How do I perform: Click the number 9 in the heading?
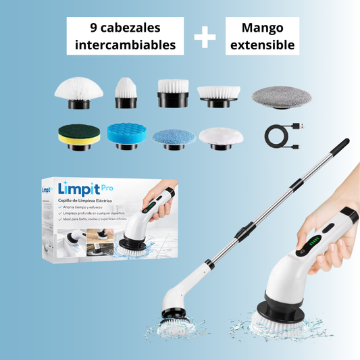pos(93,28)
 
